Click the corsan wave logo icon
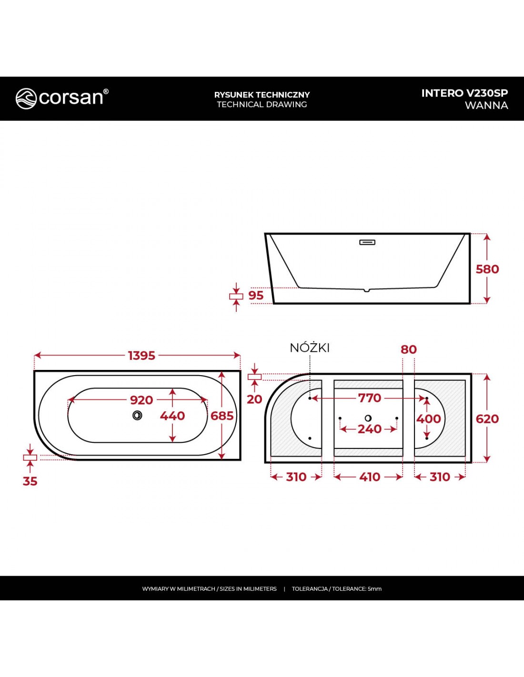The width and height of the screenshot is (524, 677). (x=26, y=99)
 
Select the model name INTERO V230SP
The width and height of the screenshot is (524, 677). (x=465, y=93)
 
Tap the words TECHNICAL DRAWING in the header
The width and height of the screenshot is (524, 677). (x=262, y=104)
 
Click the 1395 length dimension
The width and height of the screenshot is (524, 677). (x=141, y=356)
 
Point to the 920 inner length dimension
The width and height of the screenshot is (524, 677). (x=141, y=400)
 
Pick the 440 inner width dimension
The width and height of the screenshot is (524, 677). (x=172, y=416)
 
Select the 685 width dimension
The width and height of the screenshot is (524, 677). (x=222, y=416)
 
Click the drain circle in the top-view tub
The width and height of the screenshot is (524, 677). (x=137, y=415)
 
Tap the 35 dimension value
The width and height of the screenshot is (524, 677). (x=30, y=481)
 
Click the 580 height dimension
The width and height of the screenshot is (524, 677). (x=487, y=269)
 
